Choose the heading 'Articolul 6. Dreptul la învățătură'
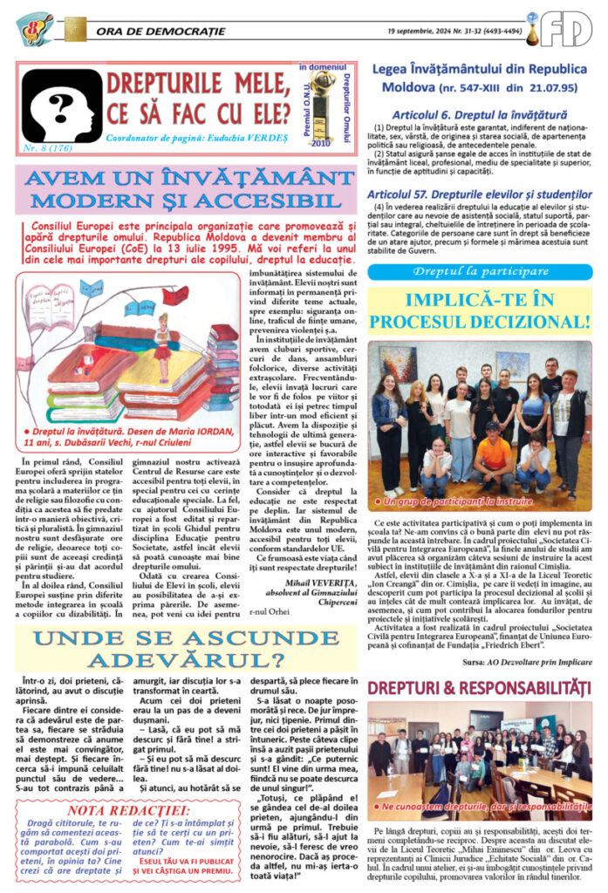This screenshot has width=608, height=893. (x=467, y=114)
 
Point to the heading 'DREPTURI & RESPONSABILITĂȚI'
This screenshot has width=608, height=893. (x=478, y=688)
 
